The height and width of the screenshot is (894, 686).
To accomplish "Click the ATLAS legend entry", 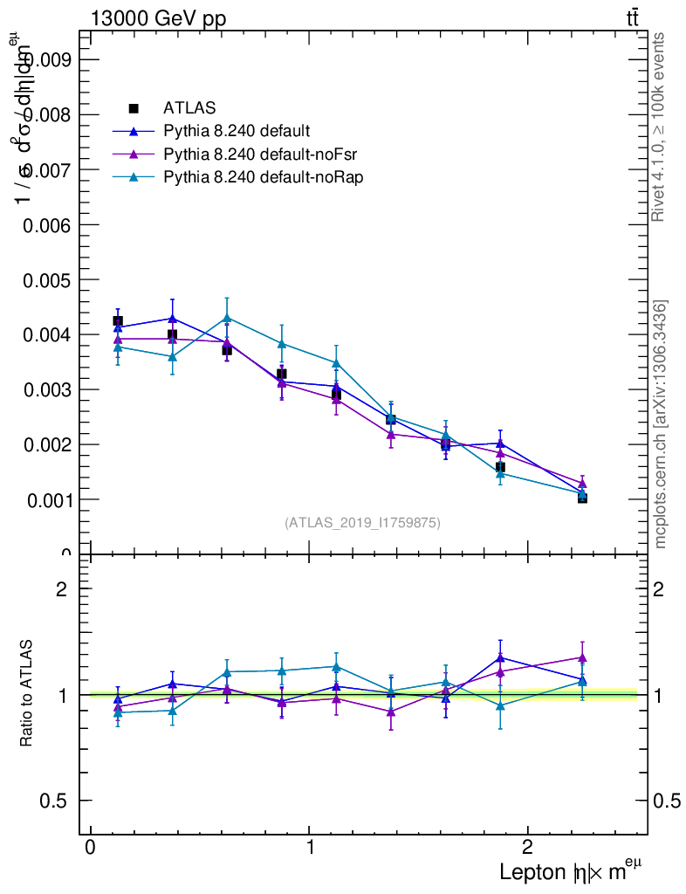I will point(189,108).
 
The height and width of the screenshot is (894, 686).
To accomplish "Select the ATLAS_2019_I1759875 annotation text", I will point(362,523).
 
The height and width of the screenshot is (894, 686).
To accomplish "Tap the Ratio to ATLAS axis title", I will point(27,693).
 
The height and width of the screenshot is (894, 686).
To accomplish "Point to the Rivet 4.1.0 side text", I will point(660,127).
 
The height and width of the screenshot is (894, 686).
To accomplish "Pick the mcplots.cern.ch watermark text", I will point(660,424).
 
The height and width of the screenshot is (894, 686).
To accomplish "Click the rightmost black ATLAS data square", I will point(582,498).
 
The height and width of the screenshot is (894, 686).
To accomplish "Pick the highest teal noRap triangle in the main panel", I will point(227,317).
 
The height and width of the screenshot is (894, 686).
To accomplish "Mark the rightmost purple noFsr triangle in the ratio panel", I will point(582,657).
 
